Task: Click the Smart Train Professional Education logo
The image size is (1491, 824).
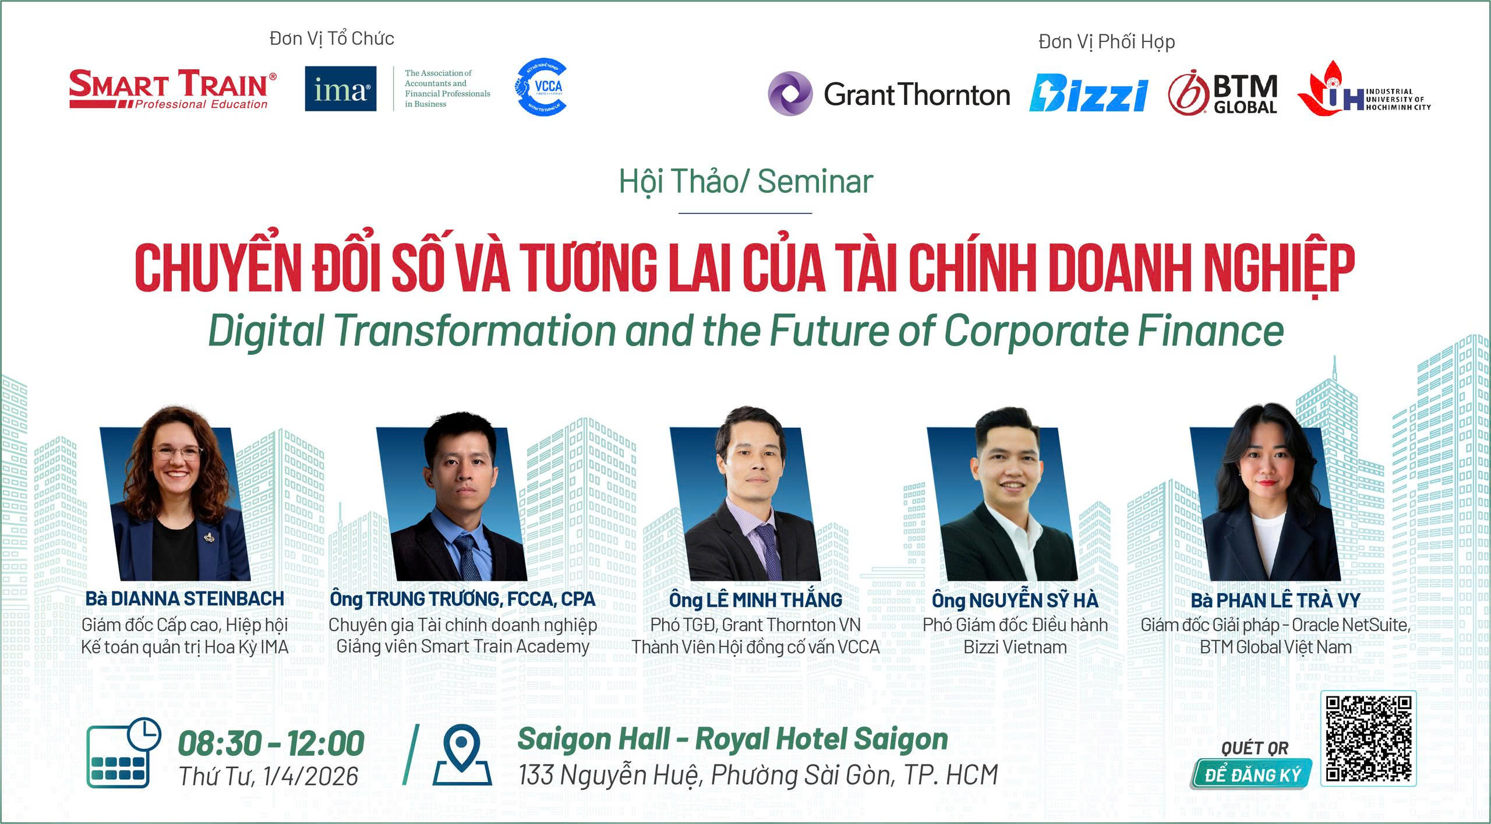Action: click(x=173, y=89)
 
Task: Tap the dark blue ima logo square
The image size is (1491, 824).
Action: click(x=341, y=89)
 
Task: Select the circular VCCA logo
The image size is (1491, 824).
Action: click(x=541, y=87)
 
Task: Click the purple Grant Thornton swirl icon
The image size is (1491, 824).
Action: click(x=790, y=93)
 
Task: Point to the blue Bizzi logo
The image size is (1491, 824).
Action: click(x=1089, y=93)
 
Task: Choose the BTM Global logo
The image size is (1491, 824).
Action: click(x=1223, y=93)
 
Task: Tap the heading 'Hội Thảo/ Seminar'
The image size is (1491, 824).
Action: click(x=745, y=181)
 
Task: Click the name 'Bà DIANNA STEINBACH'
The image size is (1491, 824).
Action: click(x=185, y=598)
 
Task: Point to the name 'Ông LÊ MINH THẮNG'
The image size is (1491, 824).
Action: click(x=755, y=600)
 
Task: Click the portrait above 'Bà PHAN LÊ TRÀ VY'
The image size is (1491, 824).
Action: click(x=1265, y=493)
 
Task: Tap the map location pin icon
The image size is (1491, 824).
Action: click(x=462, y=756)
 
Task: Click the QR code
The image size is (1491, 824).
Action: click(x=1369, y=738)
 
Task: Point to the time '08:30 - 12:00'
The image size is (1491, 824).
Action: click(x=271, y=744)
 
